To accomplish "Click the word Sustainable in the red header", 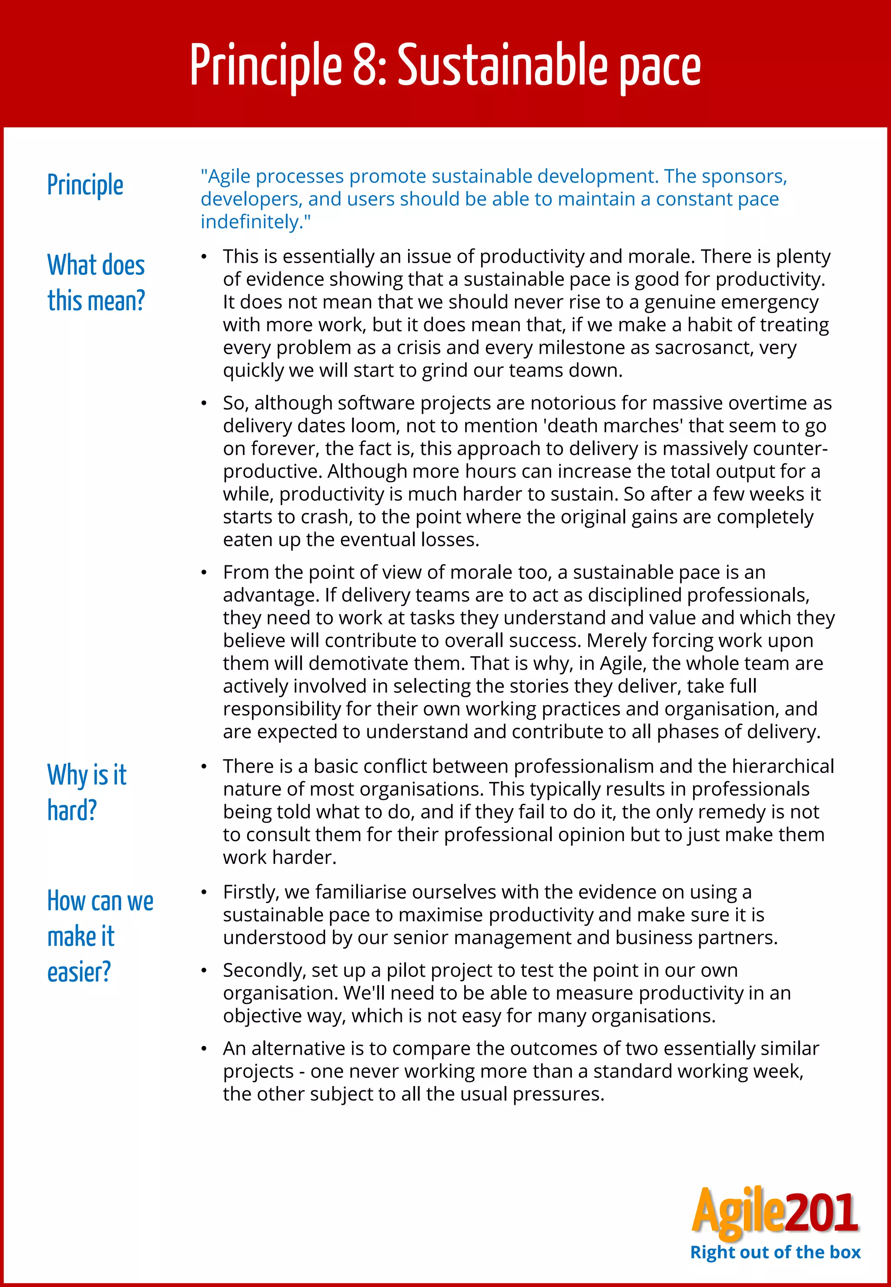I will (x=501, y=65).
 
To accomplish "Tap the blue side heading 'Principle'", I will (x=85, y=185).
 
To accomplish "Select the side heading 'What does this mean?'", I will (x=96, y=282).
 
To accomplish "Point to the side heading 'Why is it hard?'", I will (x=87, y=792).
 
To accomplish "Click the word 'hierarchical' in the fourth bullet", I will (x=783, y=766).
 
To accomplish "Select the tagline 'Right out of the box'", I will (x=775, y=1252).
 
